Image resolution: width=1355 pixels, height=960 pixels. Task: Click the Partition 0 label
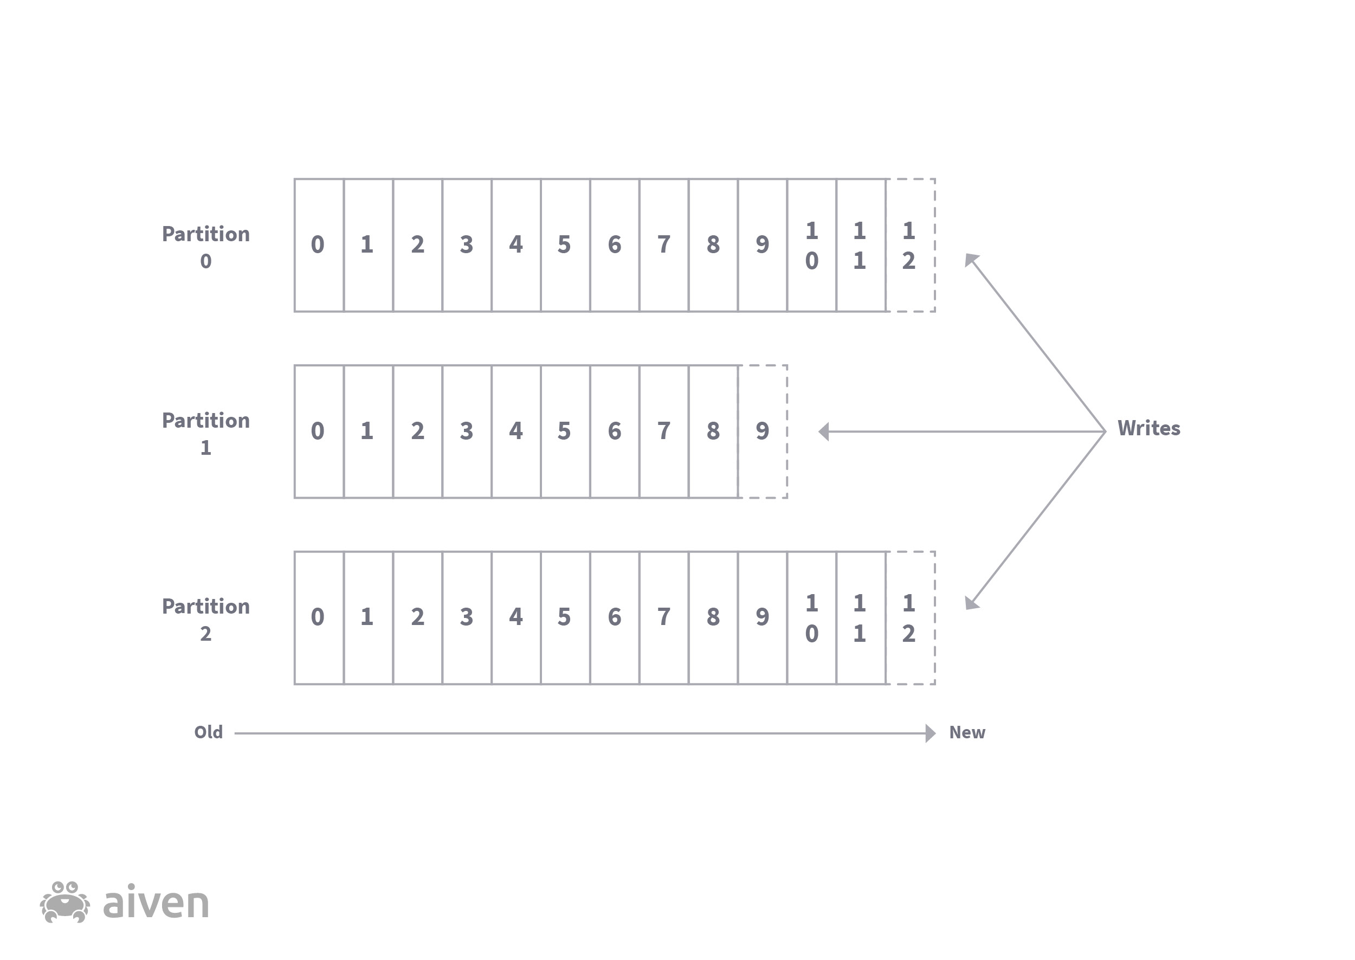click(x=205, y=247)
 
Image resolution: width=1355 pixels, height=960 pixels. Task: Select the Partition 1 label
click(x=205, y=433)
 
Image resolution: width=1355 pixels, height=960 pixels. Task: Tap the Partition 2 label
click(x=205, y=620)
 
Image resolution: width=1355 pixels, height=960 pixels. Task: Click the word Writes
click(x=1148, y=428)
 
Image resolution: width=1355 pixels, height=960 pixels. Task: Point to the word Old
click(x=209, y=732)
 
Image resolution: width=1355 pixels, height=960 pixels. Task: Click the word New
click(x=967, y=732)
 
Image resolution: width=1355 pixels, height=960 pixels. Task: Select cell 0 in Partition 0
click(x=319, y=244)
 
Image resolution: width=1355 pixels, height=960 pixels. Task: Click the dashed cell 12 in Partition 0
click(x=910, y=244)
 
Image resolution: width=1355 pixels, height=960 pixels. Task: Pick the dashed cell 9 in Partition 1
click(x=762, y=431)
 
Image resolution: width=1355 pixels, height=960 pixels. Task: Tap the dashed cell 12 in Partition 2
click(x=910, y=618)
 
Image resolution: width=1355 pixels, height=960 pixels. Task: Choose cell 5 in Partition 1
click(x=565, y=431)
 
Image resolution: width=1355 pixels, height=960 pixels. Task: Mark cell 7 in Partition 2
click(x=663, y=618)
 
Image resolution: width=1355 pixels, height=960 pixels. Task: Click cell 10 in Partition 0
click(x=811, y=244)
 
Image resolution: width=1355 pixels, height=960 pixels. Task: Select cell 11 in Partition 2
click(x=860, y=618)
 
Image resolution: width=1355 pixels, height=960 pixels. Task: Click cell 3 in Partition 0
click(x=466, y=244)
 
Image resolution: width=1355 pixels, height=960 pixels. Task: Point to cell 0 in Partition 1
click(x=319, y=431)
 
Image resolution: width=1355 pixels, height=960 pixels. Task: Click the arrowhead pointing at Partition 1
click(x=824, y=431)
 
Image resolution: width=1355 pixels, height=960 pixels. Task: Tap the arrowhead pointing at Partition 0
click(x=970, y=260)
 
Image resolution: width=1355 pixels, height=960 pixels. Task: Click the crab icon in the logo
click(x=65, y=902)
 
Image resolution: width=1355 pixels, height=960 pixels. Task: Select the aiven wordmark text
click(x=156, y=903)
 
